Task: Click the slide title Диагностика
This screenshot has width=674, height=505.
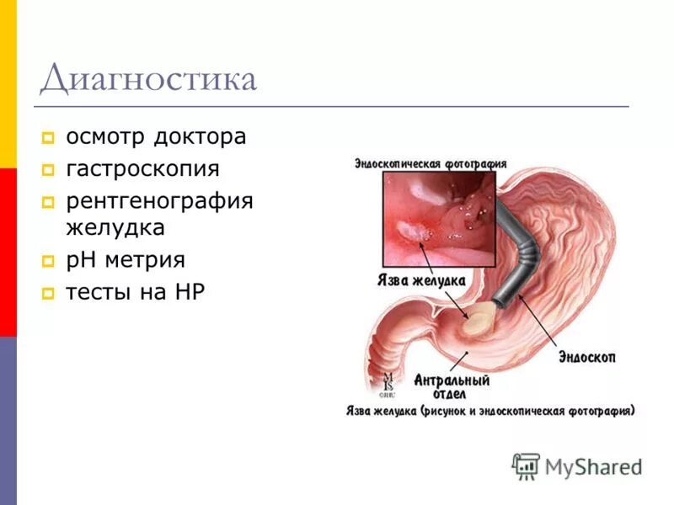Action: [147, 79]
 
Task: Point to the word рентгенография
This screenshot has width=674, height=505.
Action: [159, 202]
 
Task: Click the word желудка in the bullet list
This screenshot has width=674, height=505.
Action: [115, 227]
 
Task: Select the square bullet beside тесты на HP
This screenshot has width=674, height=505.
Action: [48, 294]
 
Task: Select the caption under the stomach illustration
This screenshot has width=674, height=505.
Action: [490, 411]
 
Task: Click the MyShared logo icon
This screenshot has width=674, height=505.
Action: [527, 465]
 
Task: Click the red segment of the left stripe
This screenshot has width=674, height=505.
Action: [8, 252]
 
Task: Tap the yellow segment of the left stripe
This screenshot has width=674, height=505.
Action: [8, 84]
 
